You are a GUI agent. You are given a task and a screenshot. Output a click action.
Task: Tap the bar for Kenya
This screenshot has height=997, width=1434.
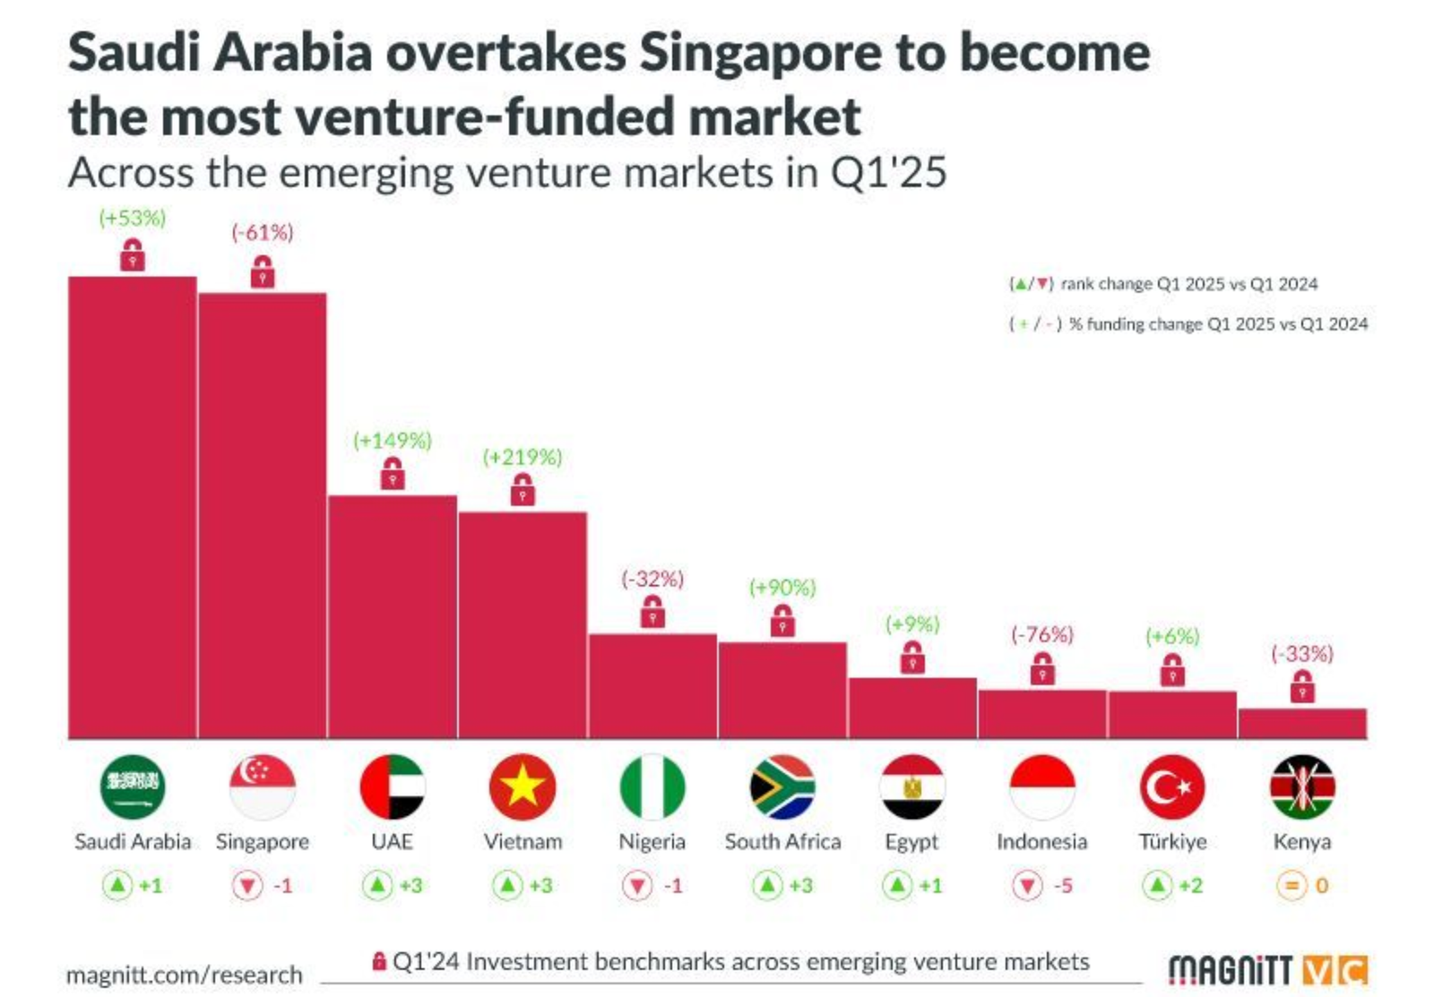tap(1302, 723)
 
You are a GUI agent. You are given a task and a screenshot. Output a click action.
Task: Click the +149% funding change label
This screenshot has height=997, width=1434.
tap(392, 441)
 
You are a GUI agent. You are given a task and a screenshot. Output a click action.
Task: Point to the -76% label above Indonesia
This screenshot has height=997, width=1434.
tap(1041, 635)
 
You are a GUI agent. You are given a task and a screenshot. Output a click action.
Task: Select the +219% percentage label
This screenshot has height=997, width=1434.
tap(523, 457)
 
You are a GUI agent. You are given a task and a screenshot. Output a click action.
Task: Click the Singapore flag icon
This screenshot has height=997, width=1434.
tap(263, 786)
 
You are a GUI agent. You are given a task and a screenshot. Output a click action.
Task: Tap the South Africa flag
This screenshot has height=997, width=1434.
tap(782, 786)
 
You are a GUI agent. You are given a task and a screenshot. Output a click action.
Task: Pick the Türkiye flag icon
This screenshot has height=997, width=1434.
tap(1172, 786)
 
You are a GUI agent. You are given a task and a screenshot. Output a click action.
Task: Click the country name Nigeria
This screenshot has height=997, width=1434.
tap(652, 842)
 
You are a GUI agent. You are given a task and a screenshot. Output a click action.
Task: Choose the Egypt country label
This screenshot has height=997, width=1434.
tap(911, 842)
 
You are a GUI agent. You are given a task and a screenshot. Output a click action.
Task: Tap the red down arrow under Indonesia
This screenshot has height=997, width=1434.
tap(1027, 886)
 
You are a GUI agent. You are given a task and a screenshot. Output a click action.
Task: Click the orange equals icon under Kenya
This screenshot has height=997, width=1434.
tap(1291, 886)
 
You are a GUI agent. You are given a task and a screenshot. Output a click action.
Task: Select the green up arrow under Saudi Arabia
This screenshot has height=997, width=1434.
tap(117, 886)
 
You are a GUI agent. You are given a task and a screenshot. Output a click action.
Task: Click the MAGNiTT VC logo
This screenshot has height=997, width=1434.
tap(1267, 970)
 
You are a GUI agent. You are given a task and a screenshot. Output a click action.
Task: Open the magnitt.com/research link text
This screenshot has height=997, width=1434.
tap(185, 975)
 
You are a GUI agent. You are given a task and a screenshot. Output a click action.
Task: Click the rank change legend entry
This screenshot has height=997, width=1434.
tap(1164, 284)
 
